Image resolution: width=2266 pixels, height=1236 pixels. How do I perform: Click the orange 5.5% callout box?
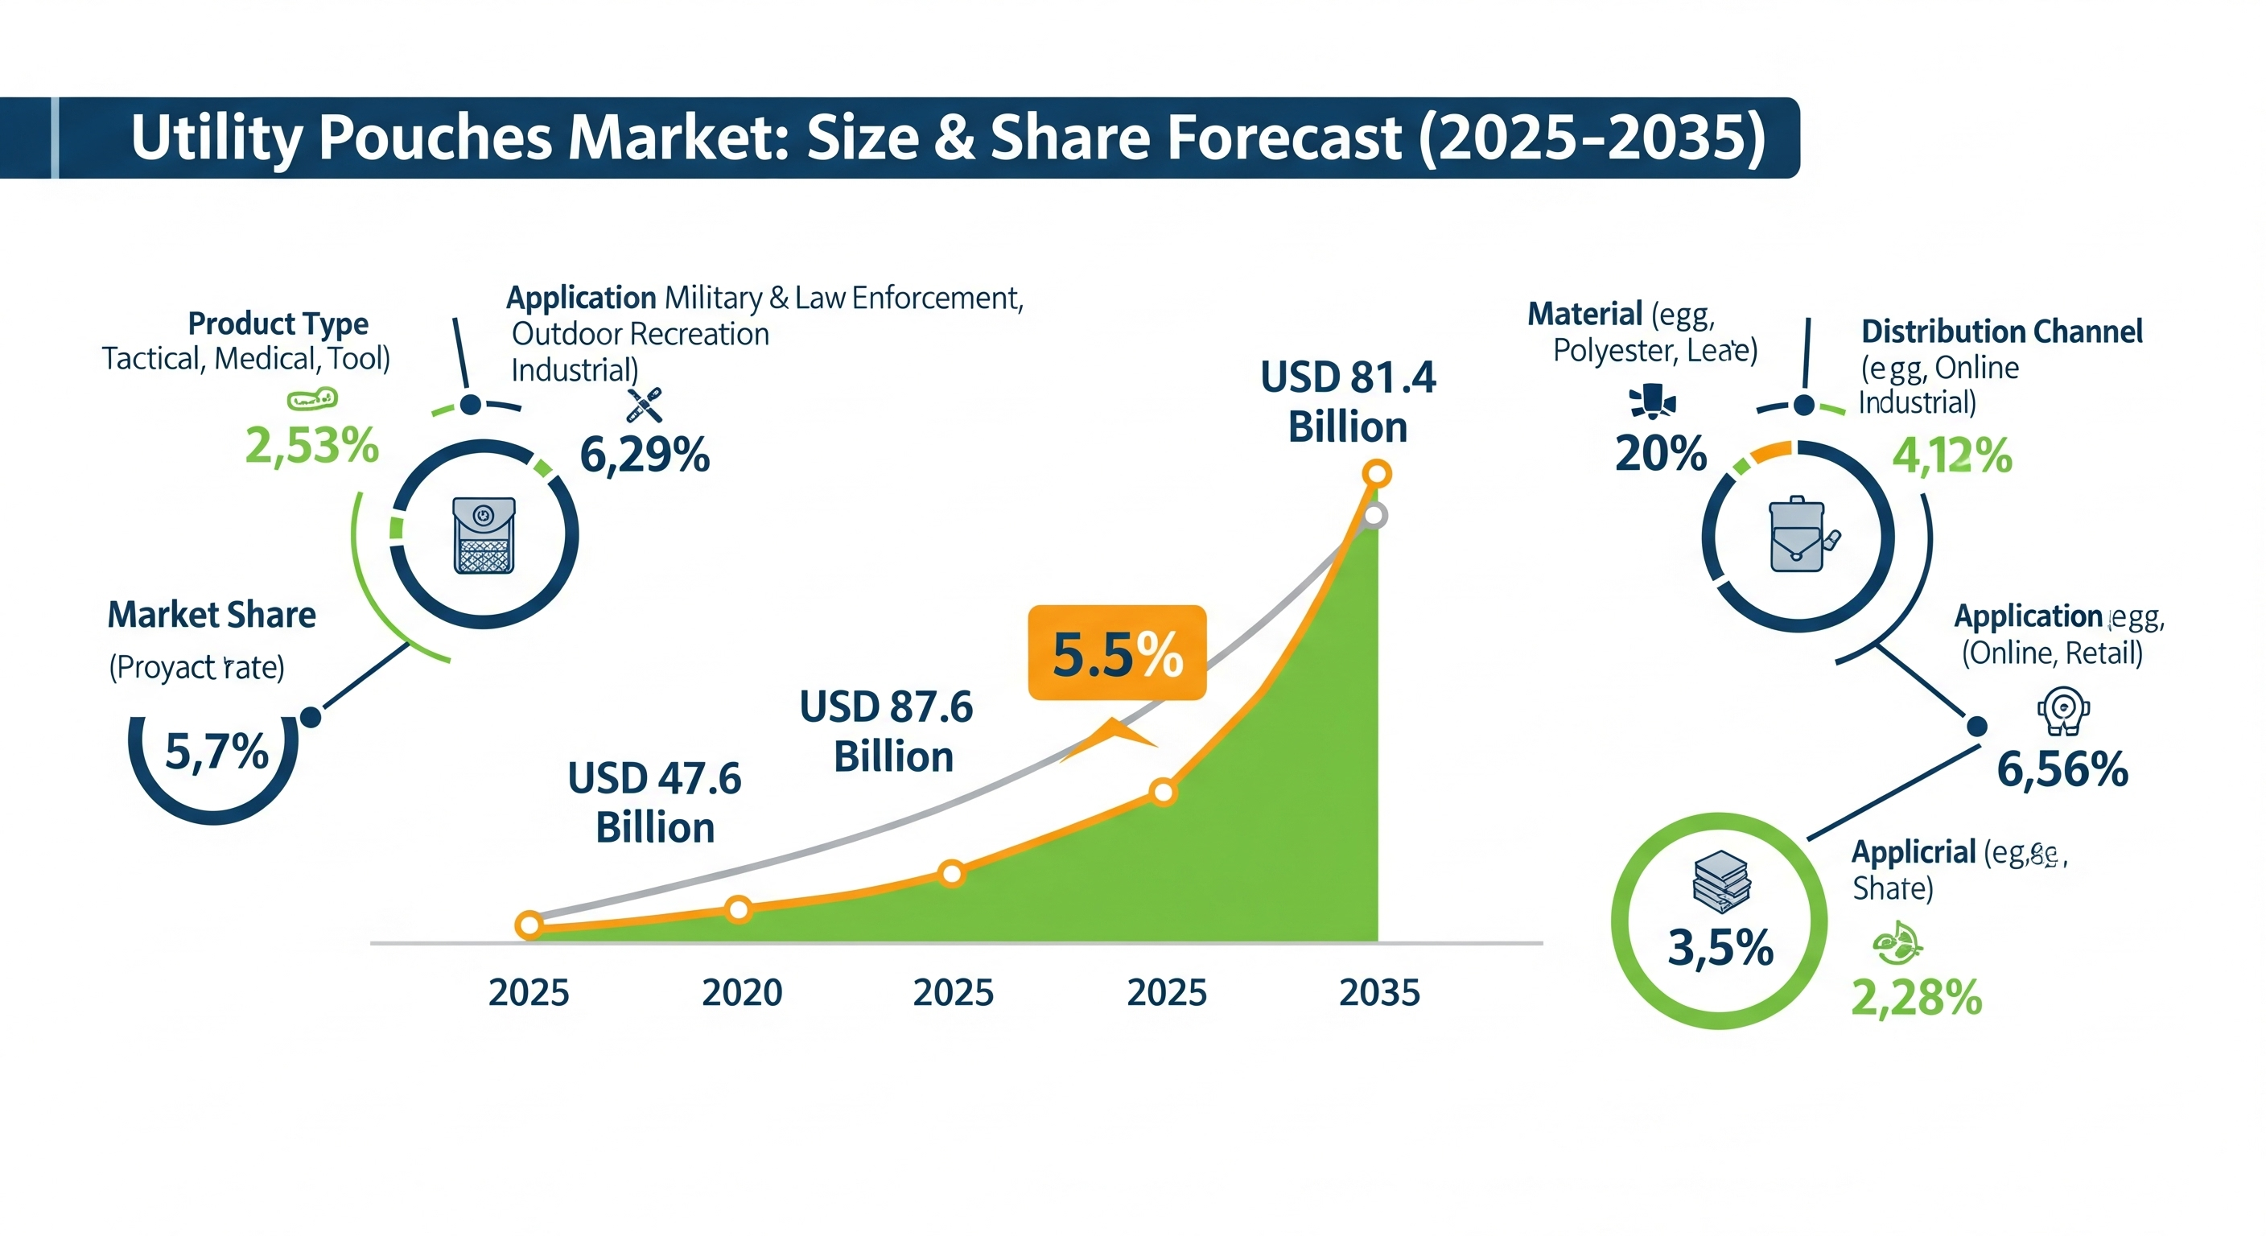(1116, 653)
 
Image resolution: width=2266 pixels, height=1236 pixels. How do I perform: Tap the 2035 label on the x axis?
(1378, 992)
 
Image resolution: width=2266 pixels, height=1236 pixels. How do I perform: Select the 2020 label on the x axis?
(742, 992)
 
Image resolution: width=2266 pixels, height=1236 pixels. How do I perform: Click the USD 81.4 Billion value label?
(1348, 402)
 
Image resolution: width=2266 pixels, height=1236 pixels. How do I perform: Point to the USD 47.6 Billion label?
(654, 802)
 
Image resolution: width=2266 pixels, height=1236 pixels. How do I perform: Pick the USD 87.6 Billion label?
(887, 731)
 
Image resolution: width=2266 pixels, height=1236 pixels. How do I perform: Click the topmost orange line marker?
(1376, 474)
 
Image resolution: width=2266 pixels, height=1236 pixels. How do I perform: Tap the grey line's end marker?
(1374, 517)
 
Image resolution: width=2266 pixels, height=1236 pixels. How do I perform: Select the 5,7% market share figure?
(216, 752)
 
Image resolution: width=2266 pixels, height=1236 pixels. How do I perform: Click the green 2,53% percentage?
(311, 445)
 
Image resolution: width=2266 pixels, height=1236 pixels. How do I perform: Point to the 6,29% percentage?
(644, 455)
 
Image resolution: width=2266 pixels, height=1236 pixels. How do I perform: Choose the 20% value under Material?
(1660, 454)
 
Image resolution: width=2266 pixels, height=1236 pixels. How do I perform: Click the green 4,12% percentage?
(1951, 455)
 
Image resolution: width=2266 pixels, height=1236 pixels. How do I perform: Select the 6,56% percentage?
(2061, 768)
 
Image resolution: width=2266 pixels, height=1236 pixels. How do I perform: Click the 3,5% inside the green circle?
(1720, 947)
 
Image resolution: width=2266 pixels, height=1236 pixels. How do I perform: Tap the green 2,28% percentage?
(1916, 998)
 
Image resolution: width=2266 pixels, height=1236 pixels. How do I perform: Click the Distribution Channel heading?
(2001, 332)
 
